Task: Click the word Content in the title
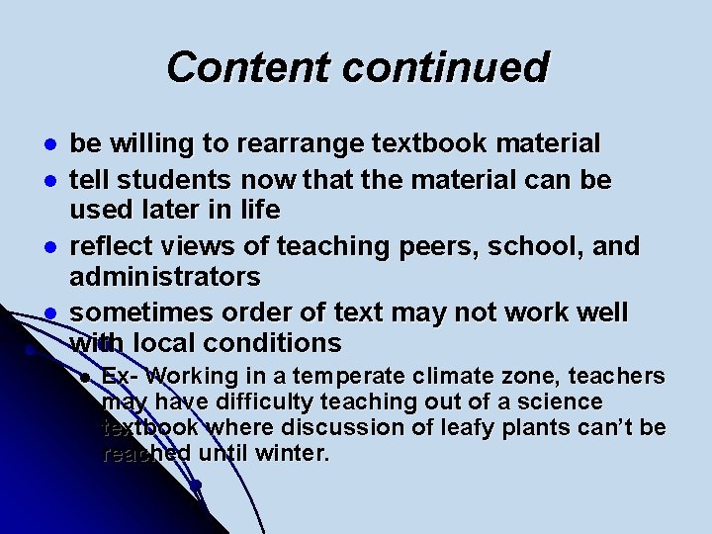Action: pyautogui.click(x=248, y=67)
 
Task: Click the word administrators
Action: pyautogui.click(x=165, y=276)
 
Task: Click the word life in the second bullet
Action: pyautogui.click(x=261, y=210)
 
